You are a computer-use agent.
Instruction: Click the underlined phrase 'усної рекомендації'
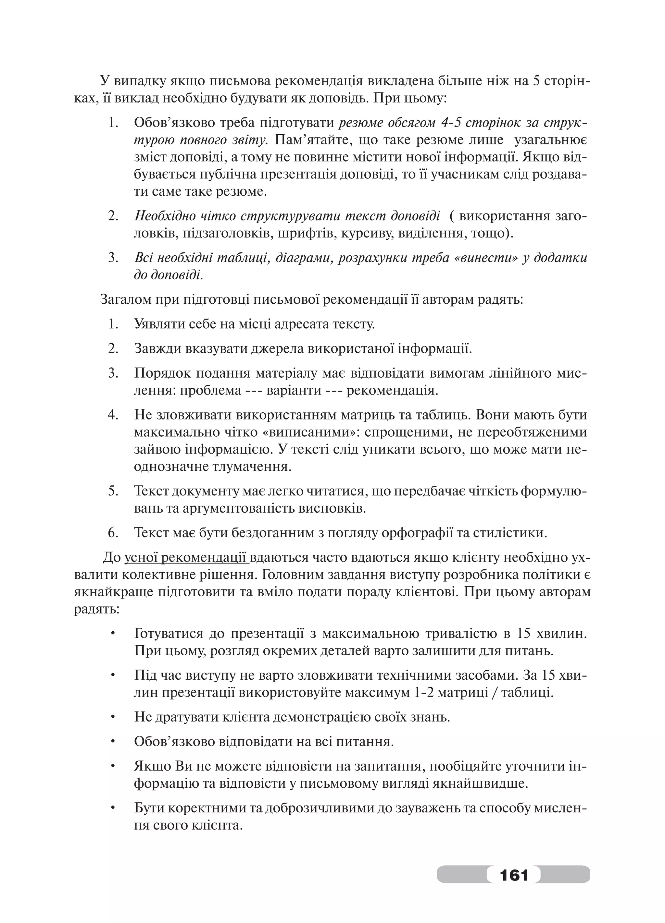coord(186,558)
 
